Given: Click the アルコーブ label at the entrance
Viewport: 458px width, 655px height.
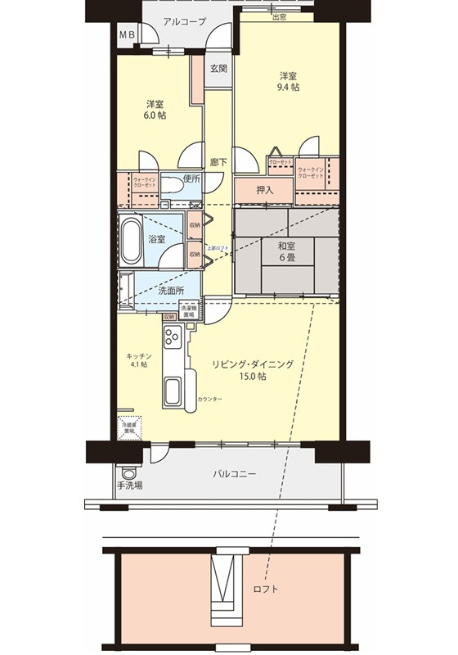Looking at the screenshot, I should click(184, 22).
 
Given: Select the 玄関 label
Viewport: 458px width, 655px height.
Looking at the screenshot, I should click(218, 68).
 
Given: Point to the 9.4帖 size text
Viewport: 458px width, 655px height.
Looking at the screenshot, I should click(285, 87).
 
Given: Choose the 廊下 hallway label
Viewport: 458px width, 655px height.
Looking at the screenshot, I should click(218, 162).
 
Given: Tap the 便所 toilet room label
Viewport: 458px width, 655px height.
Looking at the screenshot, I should click(191, 178).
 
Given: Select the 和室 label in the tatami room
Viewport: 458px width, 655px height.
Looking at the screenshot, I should click(286, 246).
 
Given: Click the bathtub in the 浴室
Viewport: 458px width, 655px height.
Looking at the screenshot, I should click(132, 239).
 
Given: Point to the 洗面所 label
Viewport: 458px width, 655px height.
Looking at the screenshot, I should click(170, 291).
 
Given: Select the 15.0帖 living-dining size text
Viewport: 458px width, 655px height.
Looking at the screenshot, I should click(251, 377).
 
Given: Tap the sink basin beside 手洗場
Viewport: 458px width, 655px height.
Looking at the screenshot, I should click(127, 472).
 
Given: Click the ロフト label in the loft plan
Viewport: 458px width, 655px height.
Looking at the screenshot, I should click(266, 589).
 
